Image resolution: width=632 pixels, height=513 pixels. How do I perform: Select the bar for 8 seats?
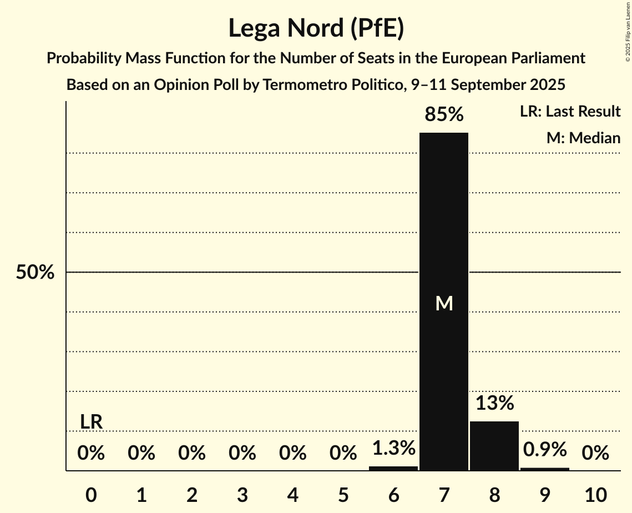[x=494, y=445]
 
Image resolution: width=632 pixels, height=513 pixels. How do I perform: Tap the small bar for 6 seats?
[x=393, y=468]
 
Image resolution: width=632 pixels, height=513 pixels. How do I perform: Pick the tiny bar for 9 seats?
[x=544, y=469]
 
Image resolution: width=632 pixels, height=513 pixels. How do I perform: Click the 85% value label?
[x=443, y=115]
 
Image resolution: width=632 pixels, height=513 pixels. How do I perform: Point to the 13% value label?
[x=494, y=403]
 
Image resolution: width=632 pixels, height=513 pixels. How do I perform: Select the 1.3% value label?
[x=393, y=448]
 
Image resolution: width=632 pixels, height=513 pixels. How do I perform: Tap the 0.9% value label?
[x=544, y=449]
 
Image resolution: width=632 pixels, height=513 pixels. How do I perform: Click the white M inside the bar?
[x=444, y=303]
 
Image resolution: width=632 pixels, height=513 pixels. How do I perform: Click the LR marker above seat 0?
[x=91, y=422]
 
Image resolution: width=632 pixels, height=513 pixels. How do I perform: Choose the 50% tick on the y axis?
[x=35, y=273]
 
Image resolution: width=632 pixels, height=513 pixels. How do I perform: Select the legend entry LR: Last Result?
[x=570, y=112]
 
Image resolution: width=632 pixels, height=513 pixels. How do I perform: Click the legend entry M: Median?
[x=583, y=138]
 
